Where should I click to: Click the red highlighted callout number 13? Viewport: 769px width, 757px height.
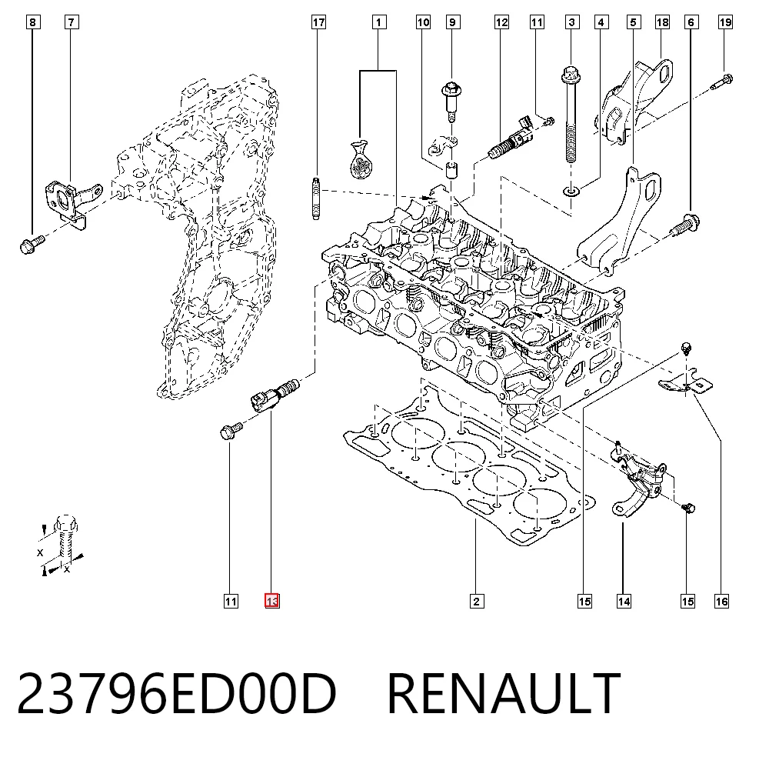pyautogui.click(x=271, y=601)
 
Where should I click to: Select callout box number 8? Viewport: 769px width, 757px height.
pyautogui.click(x=32, y=22)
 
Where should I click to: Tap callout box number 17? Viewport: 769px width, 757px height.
pyautogui.click(x=319, y=22)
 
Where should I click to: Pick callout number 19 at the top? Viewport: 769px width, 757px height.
pyautogui.click(x=725, y=22)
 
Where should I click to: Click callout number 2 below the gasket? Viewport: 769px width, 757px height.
pyautogui.click(x=476, y=601)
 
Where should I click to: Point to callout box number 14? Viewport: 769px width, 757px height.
pyautogui.click(x=624, y=601)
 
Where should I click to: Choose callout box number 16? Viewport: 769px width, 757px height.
pyautogui.click(x=721, y=601)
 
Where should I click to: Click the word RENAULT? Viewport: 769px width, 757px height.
pyautogui.click(x=504, y=693)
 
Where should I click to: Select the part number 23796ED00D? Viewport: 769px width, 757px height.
pyautogui.click(x=177, y=693)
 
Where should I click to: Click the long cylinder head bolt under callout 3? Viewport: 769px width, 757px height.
pyautogui.click(x=571, y=114)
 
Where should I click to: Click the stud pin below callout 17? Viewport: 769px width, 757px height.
pyautogui.click(x=316, y=198)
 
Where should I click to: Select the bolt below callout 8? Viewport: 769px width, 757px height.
pyautogui.click(x=32, y=243)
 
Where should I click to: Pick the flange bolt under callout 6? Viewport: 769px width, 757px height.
pyautogui.click(x=685, y=226)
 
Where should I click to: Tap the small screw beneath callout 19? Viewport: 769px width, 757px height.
pyautogui.click(x=722, y=82)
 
